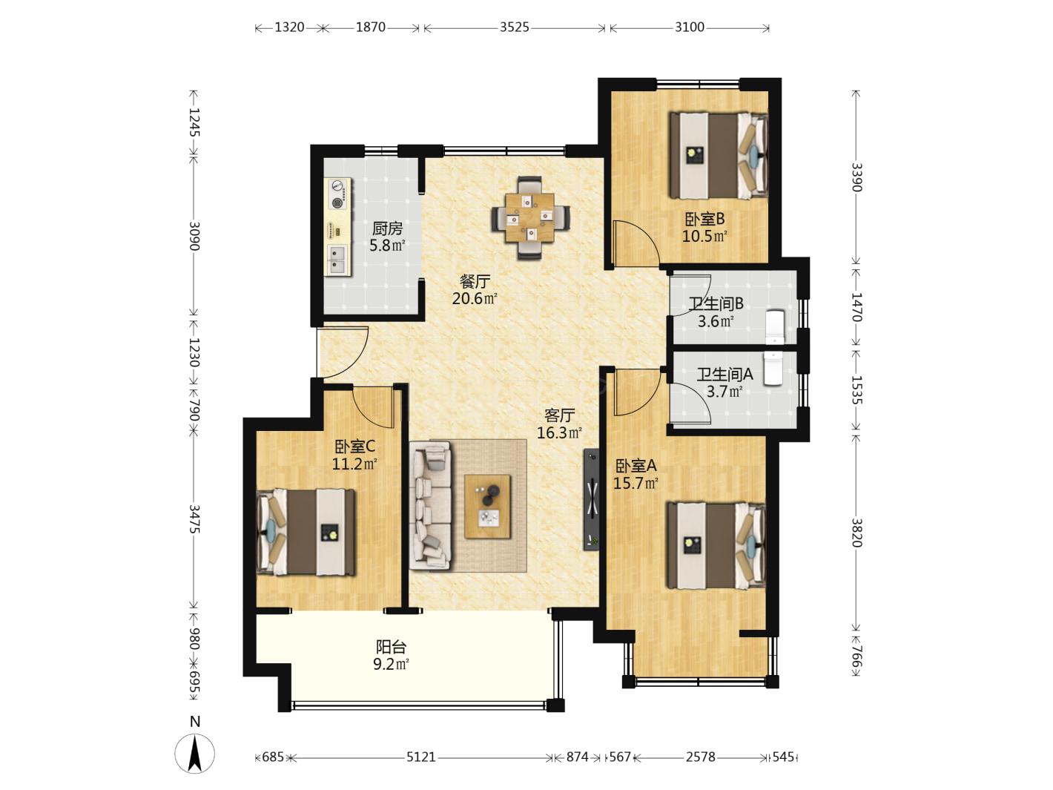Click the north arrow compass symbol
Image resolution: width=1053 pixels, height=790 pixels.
[x=194, y=754]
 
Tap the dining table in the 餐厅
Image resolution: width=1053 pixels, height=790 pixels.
[x=530, y=218]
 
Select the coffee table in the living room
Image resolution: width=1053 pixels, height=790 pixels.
[x=487, y=507]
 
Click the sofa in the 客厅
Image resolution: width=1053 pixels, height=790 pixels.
[x=430, y=506]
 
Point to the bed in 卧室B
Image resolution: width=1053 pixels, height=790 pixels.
[x=718, y=156]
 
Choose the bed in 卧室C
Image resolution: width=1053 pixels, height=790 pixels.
[x=306, y=532]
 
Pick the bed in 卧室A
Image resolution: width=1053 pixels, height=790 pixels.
[x=716, y=545]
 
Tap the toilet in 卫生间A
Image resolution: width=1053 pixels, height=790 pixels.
[x=773, y=368]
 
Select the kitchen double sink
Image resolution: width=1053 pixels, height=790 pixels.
[x=337, y=259]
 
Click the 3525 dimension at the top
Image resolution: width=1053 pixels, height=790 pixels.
[x=515, y=27]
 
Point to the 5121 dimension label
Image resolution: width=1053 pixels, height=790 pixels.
[x=420, y=757]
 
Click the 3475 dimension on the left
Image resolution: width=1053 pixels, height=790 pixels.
[x=194, y=519]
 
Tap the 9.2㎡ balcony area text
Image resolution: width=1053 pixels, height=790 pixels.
[x=391, y=665]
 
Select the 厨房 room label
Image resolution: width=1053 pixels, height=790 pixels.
[x=387, y=228]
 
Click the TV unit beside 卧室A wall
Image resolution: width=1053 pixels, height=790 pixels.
[x=590, y=499]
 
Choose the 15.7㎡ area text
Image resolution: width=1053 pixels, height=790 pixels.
[x=636, y=483]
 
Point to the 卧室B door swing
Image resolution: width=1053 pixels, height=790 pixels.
[x=634, y=243]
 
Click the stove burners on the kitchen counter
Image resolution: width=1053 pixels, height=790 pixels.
[x=338, y=194]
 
